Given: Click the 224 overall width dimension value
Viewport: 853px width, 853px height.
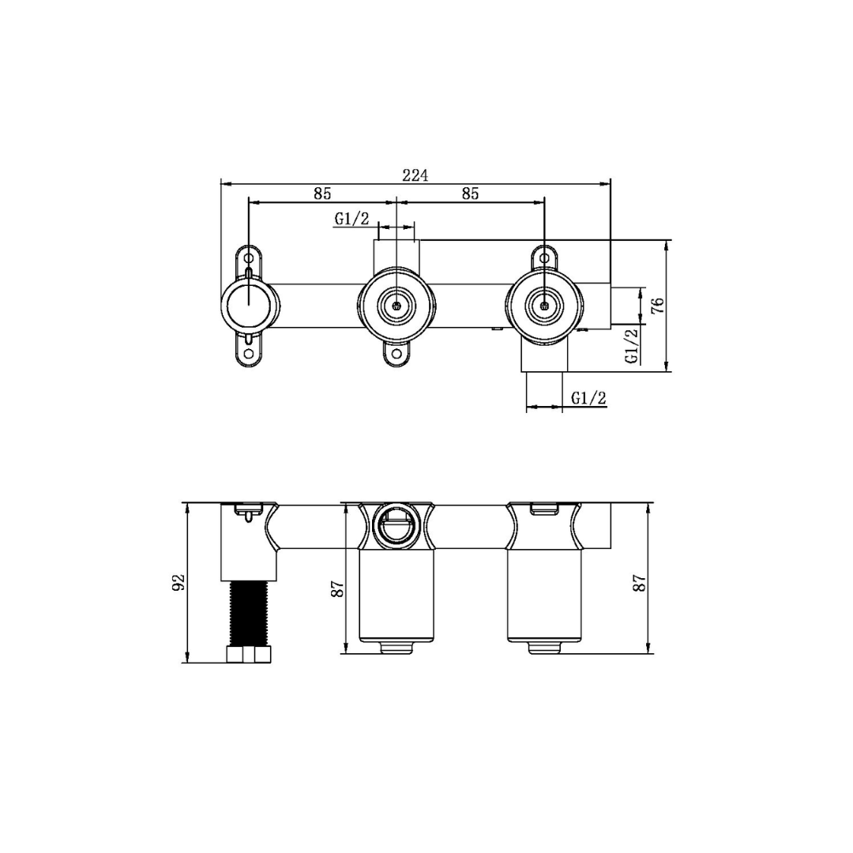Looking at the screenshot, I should click(x=415, y=175).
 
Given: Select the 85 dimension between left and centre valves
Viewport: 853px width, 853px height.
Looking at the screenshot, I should click(x=321, y=194).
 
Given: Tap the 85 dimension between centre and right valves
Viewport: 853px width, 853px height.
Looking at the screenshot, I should click(x=470, y=194).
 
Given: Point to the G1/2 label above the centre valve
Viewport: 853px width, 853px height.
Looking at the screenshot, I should click(x=351, y=219).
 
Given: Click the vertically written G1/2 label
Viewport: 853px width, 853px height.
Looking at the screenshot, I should click(x=631, y=345).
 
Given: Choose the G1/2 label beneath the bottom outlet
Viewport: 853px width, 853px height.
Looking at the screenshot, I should click(x=588, y=398).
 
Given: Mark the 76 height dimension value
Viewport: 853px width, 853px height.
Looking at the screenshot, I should click(x=657, y=305).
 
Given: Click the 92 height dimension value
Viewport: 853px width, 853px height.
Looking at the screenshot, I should click(x=178, y=582).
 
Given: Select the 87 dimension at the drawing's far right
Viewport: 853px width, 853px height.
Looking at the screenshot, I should click(x=640, y=582).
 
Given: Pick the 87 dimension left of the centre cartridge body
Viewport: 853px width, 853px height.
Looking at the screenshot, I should click(x=338, y=588).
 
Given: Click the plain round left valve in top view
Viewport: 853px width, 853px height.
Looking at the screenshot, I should click(x=249, y=304).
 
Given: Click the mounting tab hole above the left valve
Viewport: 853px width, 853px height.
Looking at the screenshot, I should click(x=249, y=259).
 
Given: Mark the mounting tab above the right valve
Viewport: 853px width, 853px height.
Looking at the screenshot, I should click(x=543, y=258).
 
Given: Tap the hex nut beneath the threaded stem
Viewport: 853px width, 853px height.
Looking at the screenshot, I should click(x=249, y=654).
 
